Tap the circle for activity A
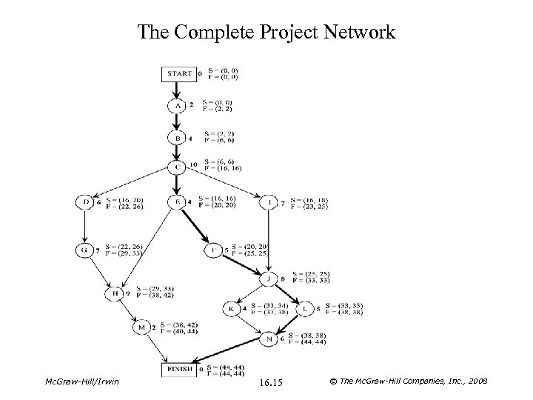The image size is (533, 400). [177, 106]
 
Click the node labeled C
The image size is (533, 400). [177, 168]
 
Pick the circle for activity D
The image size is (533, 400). [86, 201]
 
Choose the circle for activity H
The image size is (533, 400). [115, 293]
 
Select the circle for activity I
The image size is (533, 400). [269, 201]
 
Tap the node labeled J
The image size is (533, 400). [269, 279]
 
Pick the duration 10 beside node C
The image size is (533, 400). [193, 164]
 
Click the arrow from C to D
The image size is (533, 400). [132, 184]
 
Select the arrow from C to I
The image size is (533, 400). [223, 184]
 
